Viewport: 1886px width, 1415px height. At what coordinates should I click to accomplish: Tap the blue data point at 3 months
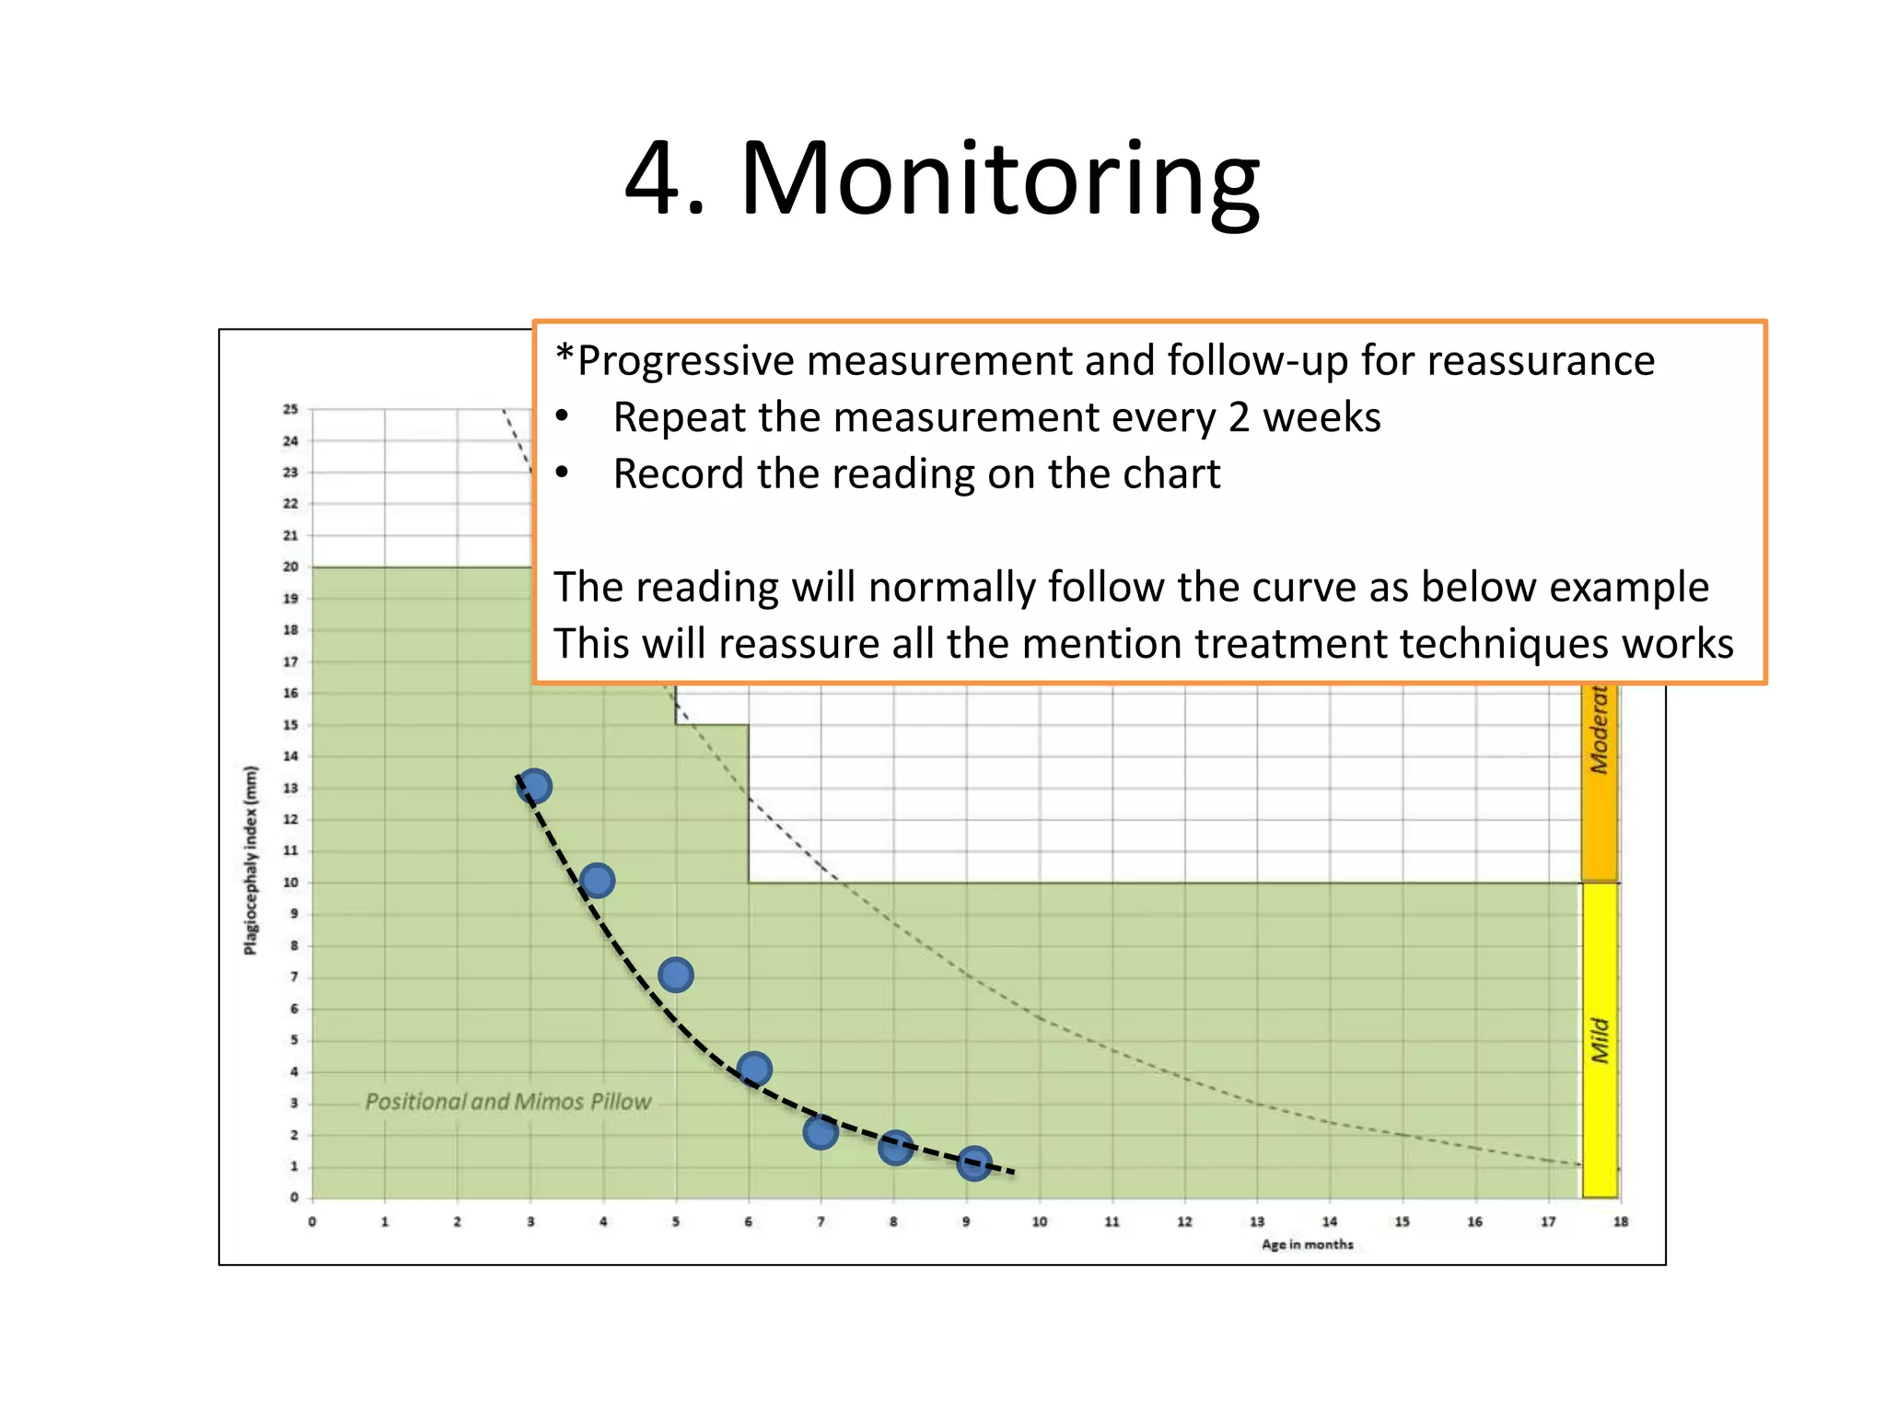pyautogui.click(x=533, y=787)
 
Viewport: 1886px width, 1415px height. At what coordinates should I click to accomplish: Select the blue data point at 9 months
pyautogui.click(x=973, y=1164)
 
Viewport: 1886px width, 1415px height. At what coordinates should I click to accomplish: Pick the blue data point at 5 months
pyautogui.click(x=676, y=975)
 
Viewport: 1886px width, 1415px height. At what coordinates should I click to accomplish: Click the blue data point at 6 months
pyautogui.click(x=754, y=1069)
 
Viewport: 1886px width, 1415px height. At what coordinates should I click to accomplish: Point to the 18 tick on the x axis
pyautogui.click(x=1620, y=1222)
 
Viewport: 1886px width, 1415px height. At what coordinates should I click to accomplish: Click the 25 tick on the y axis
pyautogui.click(x=291, y=409)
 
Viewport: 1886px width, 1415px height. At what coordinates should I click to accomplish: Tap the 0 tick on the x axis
pyautogui.click(x=312, y=1222)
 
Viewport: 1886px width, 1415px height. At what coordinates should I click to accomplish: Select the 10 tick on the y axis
pyautogui.click(x=291, y=883)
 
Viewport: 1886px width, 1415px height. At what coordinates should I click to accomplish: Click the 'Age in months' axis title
pyautogui.click(x=1307, y=1245)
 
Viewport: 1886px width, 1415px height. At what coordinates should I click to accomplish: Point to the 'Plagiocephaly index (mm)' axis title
pyautogui.click(x=250, y=860)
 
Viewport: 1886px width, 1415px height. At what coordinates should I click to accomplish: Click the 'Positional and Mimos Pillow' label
pyautogui.click(x=507, y=1102)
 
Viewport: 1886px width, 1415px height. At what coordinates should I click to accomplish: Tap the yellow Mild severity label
pyautogui.click(x=1600, y=1040)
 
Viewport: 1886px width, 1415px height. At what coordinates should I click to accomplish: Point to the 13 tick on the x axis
pyautogui.click(x=1257, y=1222)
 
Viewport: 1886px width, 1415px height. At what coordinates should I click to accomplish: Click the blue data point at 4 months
pyautogui.click(x=597, y=881)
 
